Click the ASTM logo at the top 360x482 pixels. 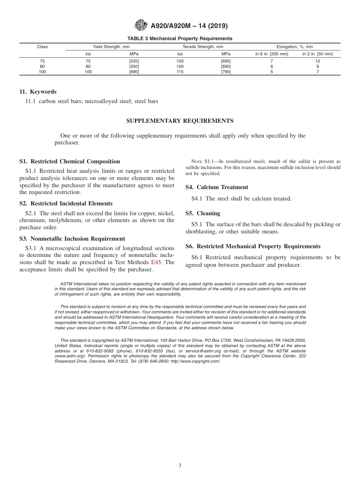coord(141,26)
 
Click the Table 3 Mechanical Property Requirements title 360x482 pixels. coord(180,39)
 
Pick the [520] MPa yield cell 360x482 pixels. coord(134,61)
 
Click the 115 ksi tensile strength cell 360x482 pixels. coord(180,72)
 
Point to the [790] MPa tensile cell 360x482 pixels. coord(226,72)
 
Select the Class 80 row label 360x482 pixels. coord(42,66)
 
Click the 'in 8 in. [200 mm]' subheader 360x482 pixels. coord(272,54)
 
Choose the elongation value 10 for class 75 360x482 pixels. coord(318,61)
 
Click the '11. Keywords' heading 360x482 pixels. coord(38,92)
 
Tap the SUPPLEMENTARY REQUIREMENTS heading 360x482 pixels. coord(180,121)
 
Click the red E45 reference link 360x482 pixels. coord(157,262)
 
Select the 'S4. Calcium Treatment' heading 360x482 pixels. coord(217,187)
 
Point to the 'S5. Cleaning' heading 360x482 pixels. coord(203,213)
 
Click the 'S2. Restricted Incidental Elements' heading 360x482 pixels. coord(66,203)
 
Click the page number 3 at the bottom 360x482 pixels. coord(180,466)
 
